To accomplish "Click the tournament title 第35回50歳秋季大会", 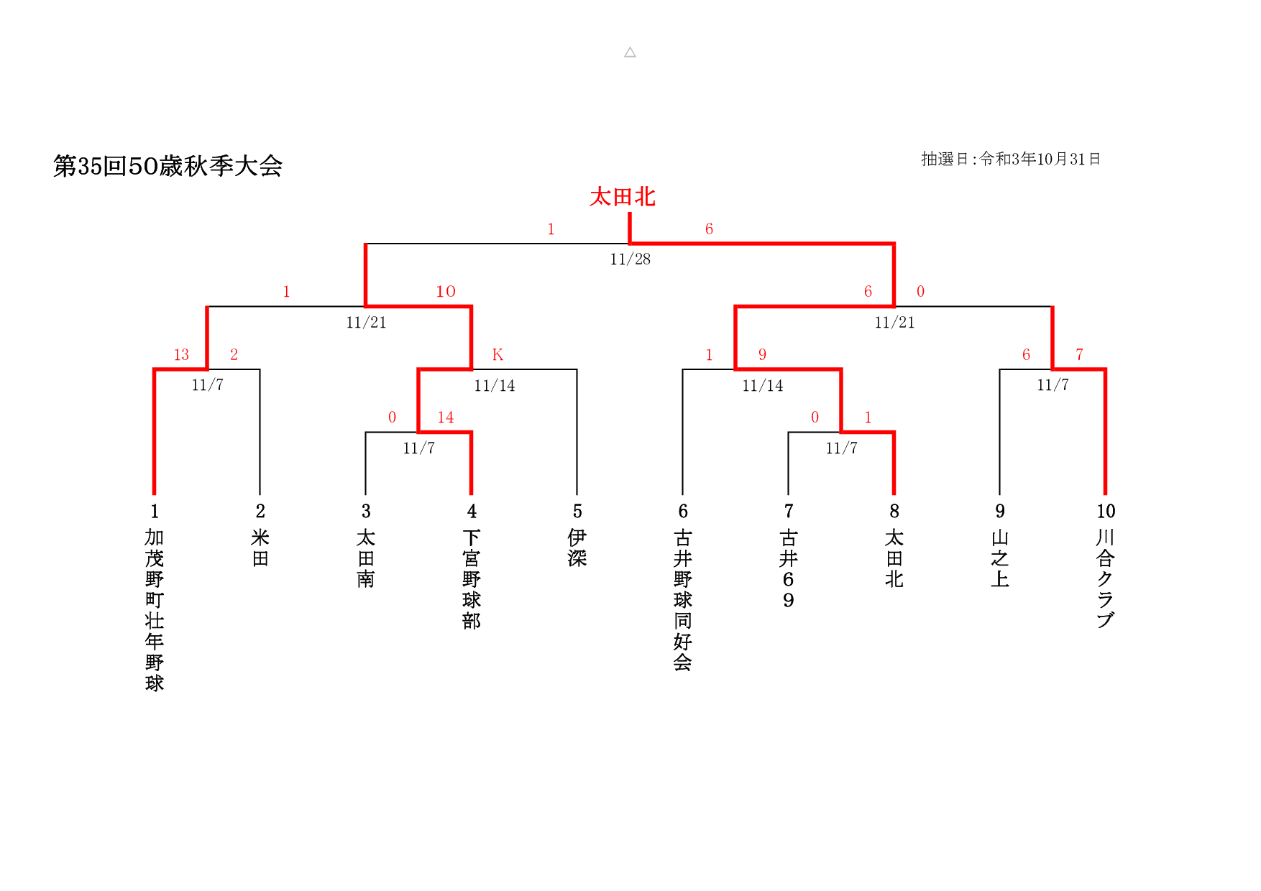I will click(168, 166).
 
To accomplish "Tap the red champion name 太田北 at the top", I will click(623, 197).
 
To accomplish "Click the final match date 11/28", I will click(630, 259).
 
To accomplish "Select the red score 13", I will click(181, 354).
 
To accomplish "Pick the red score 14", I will click(446, 417).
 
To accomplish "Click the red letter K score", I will click(497, 354).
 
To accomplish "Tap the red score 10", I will click(446, 291).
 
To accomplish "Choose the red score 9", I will click(762, 354).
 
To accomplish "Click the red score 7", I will click(1079, 354).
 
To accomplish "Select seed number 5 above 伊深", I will click(577, 511).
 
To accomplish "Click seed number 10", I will click(1106, 511).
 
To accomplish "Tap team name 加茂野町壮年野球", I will click(155, 610).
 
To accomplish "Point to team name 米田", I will click(260, 548).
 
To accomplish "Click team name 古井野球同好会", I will click(683, 600).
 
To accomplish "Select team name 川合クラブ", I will click(1106, 578).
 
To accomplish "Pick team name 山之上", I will click(1000, 558).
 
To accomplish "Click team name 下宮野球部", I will click(472, 579).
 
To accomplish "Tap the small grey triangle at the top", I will click(630, 52).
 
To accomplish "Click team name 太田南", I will click(366, 558).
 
